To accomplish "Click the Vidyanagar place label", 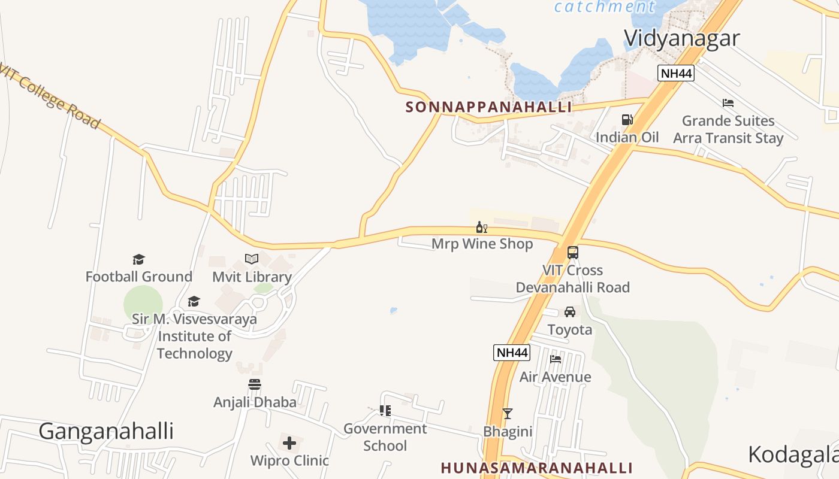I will [x=681, y=38].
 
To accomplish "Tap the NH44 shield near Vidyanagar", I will [x=675, y=74].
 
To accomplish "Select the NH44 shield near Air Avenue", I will [x=512, y=353].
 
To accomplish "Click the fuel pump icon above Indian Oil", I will [x=627, y=120].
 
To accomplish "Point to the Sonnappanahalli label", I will [x=488, y=108].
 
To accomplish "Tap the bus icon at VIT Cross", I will [x=573, y=253].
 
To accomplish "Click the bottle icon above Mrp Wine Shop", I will [x=481, y=228].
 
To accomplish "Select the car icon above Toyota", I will [x=569, y=312].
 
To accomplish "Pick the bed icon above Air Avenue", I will [x=556, y=359].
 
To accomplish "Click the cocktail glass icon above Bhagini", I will [x=508, y=414].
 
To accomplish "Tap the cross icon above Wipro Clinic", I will [x=289, y=444].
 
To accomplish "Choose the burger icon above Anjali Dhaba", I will [x=255, y=384].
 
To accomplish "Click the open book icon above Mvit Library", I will [x=252, y=259].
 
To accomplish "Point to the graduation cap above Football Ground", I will [x=138, y=259].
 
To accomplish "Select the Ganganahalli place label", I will [x=106, y=431].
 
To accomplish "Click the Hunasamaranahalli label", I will [x=537, y=468].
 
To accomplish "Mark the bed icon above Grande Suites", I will [x=728, y=103].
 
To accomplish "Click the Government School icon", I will [x=385, y=411].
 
